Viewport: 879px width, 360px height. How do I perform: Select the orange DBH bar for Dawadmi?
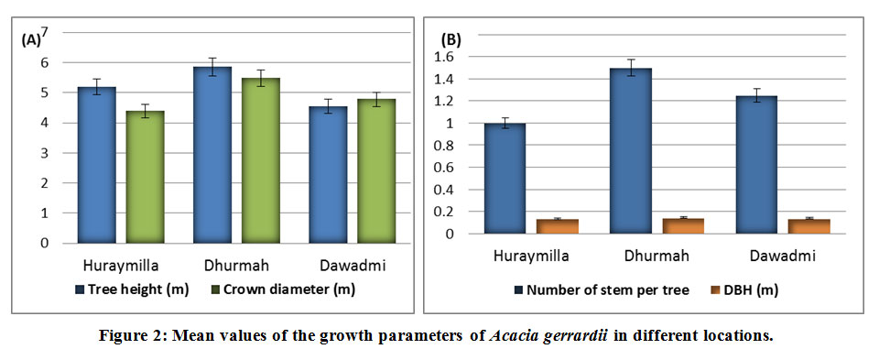pyautogui.click(x=808, y=226)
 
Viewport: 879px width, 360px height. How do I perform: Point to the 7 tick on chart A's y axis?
pyautogui.click(x=44, y=33)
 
